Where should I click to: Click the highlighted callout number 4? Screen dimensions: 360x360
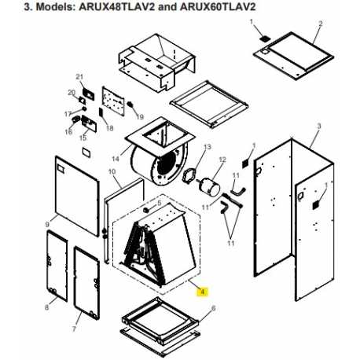(203, 292)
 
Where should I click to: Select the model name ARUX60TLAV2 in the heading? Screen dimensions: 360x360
(218, 7)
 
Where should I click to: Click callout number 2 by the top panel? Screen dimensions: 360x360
(321, 24)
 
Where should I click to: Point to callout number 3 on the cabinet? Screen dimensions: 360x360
(319, 126)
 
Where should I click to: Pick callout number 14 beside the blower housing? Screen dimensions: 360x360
(116, 159)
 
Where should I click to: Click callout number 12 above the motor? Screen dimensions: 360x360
(222, 160)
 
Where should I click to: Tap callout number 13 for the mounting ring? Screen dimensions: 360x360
(208, 147)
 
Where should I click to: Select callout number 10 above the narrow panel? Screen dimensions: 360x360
(112, 172)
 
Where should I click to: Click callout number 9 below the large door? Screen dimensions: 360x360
(47, 225)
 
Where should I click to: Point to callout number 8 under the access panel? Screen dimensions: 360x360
(46, 307)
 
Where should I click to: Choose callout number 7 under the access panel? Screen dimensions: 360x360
(74, 329)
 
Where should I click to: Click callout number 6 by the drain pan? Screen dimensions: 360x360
(213, 308)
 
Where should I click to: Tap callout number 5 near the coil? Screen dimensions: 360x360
(160, 203)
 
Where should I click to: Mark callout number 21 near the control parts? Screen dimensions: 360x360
(79, 77)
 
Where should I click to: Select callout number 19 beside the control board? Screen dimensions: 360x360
(140, 117)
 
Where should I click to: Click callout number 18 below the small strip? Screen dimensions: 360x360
(110, 128)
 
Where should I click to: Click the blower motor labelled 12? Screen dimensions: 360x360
(209, 186)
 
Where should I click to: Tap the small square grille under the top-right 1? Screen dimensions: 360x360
(265, 39)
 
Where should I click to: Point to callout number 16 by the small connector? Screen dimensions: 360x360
(68, 132)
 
